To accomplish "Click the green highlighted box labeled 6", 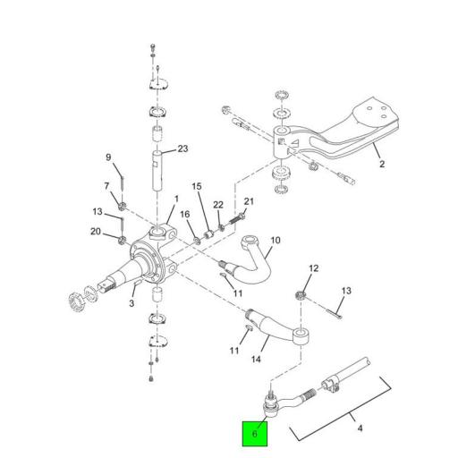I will (x=255, y=435).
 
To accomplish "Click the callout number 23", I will (x=182, y=148).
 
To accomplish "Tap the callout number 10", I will (x=275, y=240).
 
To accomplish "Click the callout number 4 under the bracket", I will (x=360, y=428).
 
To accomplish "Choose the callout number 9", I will (x=109, y=157).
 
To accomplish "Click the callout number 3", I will (x=132, y=305).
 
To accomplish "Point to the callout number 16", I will (x=185, y=215).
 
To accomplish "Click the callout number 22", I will (x=217, y=205).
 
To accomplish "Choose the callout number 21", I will (x=250, y=201).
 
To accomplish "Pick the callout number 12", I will (x=313, y=268).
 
